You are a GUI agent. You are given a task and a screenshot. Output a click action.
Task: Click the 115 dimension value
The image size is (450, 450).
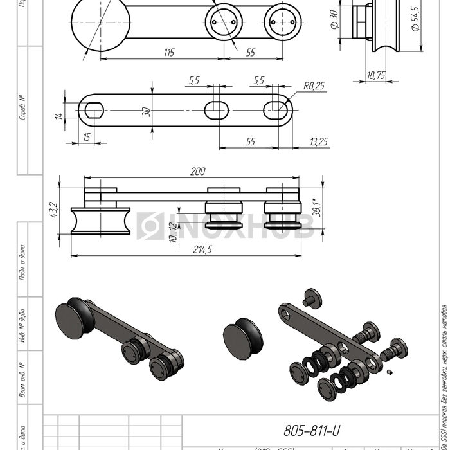click(x=168, y=53)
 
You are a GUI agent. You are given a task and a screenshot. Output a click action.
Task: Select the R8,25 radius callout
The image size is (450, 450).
click(x=314, y=85)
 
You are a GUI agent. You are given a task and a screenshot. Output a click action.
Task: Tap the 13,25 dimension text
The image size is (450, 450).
click(x=319, y=141)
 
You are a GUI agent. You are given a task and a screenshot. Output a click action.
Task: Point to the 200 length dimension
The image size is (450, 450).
click(x=198, y=172)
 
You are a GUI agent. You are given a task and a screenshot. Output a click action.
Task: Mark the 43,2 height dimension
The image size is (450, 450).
click(x=54, y=210)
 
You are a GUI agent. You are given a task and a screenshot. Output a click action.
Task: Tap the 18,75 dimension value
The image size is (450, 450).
click(x=376, y=75)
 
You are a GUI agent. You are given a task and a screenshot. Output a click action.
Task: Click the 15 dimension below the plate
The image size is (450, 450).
click(x=86, y=138)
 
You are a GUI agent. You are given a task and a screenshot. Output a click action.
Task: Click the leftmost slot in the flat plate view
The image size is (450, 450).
click(x=94, y=110)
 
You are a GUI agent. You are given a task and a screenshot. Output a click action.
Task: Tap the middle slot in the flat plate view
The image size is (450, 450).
click(x=219, y=110)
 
